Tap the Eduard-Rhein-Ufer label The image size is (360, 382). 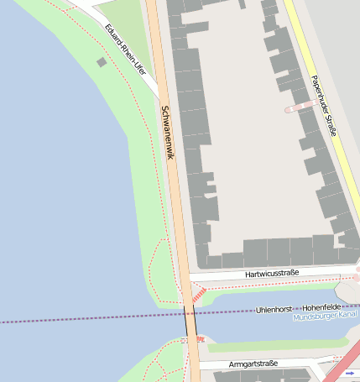click(x=126, y=50)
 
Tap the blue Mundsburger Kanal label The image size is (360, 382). click(x=325, y=317)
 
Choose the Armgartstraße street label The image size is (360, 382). click(x=253, y=364)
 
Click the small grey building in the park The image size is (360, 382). click(x=102, y=61)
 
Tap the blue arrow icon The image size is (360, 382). click(x=349, y=372)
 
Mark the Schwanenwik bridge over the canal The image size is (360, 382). click(x=190, y=320)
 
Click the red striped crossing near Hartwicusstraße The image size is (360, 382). click(x=199, y=294)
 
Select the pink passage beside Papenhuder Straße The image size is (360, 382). click(x=300, y=107)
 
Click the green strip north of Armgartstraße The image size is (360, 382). click(x=277, y=345)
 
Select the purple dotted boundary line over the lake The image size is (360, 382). click(x=84, y=320)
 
